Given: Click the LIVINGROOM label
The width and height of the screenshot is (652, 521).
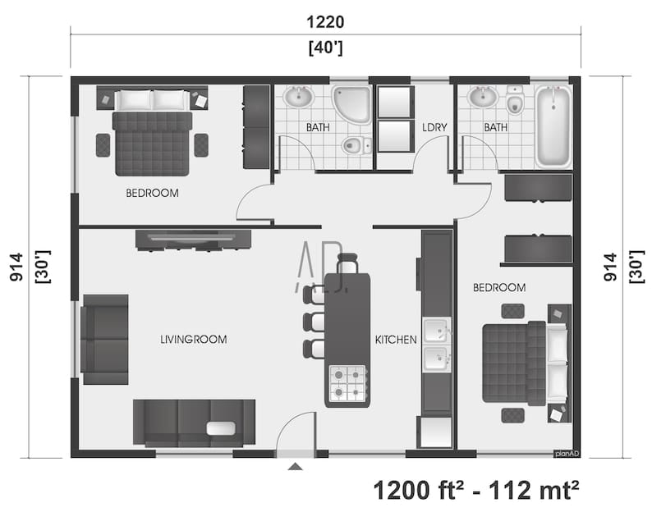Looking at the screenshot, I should (x=193, y=339).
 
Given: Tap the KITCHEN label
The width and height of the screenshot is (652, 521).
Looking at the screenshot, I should (x=396, y=339).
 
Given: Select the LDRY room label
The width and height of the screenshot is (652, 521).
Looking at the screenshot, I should (x=434, y=128).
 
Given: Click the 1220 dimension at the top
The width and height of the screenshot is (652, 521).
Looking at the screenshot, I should (x=325, y=22).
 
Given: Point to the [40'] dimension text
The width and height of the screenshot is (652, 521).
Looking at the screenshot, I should (x=325, y=48).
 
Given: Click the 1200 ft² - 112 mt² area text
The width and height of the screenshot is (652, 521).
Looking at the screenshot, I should (x=476, y=490).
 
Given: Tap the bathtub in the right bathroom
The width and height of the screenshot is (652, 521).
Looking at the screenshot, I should (x=553, y=126).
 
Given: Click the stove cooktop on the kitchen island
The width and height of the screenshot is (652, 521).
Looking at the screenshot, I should (x=347, y=382).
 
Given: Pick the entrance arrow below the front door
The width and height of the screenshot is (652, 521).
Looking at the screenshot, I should (x=296, y=467).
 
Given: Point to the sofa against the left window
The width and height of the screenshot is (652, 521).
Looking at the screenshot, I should (x=104, y=339).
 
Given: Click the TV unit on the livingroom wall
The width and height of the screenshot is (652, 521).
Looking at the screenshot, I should (x=194, y=239).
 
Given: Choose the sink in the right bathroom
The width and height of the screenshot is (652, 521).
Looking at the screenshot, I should (x=482, y=98).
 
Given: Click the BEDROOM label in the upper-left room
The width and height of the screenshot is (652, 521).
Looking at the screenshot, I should (x=152, y=194).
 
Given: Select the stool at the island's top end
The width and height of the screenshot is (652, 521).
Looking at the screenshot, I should (x=348, y=263).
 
